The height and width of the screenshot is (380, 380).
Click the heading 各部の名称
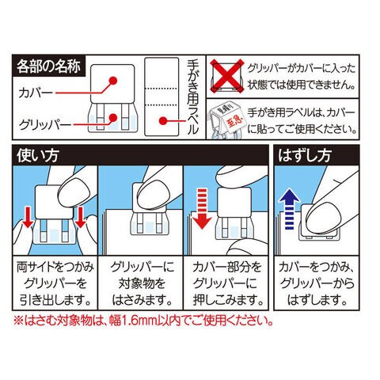point(48,66)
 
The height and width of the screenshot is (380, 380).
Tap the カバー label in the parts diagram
point(36,93)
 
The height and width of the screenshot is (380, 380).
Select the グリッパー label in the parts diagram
point(45,124)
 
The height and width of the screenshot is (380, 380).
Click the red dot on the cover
point(113,81)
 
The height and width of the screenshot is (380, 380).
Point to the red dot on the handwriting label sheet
point(163,121)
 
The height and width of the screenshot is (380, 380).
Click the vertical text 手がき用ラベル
point(192,97)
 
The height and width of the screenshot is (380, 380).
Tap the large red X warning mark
point(227,76)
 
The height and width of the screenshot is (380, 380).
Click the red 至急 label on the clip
point(229,123)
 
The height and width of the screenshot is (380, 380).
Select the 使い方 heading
point(38,155)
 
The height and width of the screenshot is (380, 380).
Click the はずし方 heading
point(304,155)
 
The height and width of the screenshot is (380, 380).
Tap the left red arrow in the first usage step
point(28,217)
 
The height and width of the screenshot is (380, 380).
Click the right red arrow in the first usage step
point(80,217)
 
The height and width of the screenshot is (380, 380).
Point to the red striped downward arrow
point(201,209)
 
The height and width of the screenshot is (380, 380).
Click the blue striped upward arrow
point(290,209)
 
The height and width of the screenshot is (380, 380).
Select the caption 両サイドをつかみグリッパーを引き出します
point(55,283)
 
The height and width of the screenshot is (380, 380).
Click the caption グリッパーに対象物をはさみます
point(142,283)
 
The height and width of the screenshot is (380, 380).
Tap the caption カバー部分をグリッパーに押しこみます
point(228,283)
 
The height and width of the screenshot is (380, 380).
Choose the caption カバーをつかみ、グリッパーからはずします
point(317,283)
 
